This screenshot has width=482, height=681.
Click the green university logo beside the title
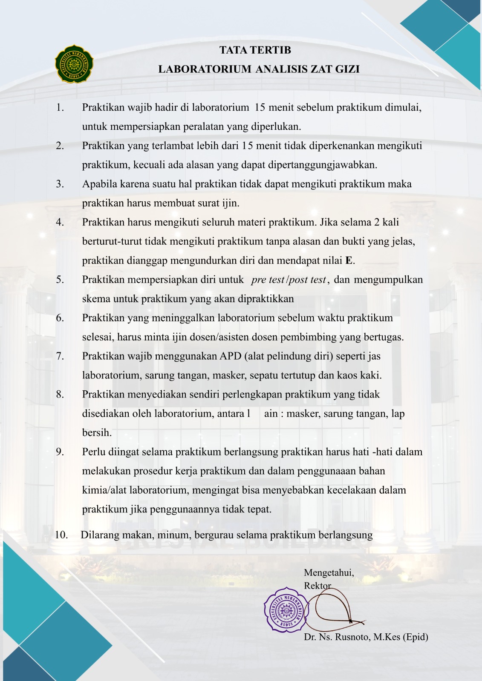click(74, 64)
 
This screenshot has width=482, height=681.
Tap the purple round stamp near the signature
click(286, 609)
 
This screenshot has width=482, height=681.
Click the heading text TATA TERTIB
click(255, 50)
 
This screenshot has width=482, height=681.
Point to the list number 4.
click(60, 222)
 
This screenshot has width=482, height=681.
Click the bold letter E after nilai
click(349, 260)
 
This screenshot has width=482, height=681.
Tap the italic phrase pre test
click(268, 280)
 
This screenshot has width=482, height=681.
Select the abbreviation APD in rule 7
click(231, 356)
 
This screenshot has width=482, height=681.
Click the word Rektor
click(317, 586)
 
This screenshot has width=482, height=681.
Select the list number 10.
click(61, 535)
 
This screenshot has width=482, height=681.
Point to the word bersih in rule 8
click(97, 433)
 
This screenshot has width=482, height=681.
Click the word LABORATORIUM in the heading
click(205, 69)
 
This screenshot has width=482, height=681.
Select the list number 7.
click(60, 356)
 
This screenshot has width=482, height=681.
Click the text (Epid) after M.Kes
click(415, 637)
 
